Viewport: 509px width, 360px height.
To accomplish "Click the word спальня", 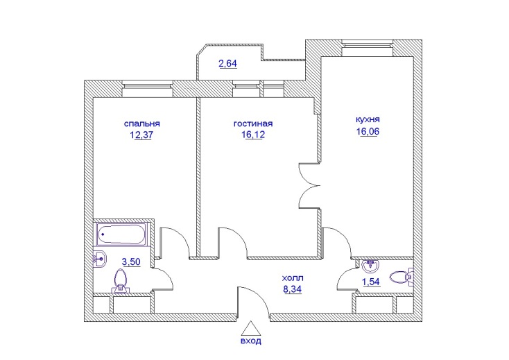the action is pyautogui.click(x=142, y=124).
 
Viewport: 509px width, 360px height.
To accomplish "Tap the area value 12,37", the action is pyautogui.click(x=141, y=135).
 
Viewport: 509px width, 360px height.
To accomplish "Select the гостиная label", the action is pyautogui.click(x=253, y=123).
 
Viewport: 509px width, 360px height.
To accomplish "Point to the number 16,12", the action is pyautogui.click(x=253, y=135).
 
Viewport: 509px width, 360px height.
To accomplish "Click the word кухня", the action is pyautogui.click(x=368, y=119).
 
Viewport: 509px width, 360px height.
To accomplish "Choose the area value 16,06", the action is pyautogui.click(x=368, y=132).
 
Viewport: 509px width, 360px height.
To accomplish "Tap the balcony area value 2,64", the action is pyautogui.click(x=228, y=64).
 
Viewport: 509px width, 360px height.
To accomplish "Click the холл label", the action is pyautogui.click(x=293, y=278).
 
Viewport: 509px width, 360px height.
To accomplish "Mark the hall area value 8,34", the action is pyautogui.click(x=293, y=289).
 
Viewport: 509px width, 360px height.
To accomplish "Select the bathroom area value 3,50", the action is pyautogui.click(x=131, y=262).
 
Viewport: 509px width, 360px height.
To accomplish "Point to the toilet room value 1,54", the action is pyautogui.click(x=371, y=282).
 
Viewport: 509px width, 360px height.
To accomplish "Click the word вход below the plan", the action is pyautogui.click(x=250, y=341).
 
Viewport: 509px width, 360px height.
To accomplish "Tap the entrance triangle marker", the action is pyautogui.click(x=250, y=328).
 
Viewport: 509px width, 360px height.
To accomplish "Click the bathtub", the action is pyautogui.click(x=121, y=234).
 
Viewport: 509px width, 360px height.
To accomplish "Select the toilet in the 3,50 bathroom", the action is pyautogui.click(x=121, y=282).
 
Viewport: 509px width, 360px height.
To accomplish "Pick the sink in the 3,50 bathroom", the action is pyautogui.click(x=100, y=259).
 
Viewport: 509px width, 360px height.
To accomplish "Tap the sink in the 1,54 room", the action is pyautogui.click(x=370, y=266).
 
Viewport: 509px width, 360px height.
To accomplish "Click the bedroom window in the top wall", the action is pyautogui.click(x=147, y=89).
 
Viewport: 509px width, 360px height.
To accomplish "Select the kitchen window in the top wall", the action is pyautogui.click(x=368, y=49).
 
